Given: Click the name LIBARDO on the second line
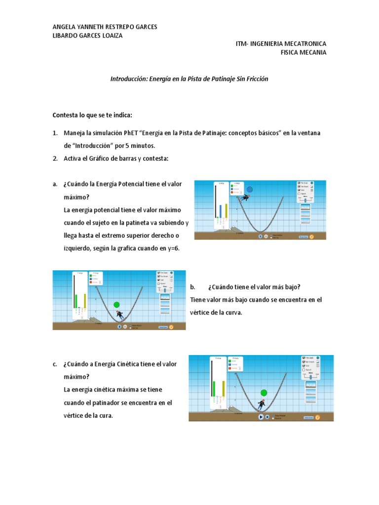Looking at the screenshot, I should [65, 36].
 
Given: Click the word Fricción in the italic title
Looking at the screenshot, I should [257, 79].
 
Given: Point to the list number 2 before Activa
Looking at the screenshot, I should [55, 158].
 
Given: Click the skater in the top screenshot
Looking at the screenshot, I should [244, 198].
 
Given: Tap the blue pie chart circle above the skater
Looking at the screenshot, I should [250, 189].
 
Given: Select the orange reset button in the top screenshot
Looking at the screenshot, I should [311, 237].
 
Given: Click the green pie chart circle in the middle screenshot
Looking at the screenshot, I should [116, 305].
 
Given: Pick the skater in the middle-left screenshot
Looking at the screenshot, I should [119, 314].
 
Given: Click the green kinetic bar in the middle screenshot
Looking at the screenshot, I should [77, 301].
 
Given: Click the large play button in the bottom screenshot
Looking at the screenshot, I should [261, 417].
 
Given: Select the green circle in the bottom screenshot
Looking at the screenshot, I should [264, 393].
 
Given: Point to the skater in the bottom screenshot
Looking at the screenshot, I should [262, 404].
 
